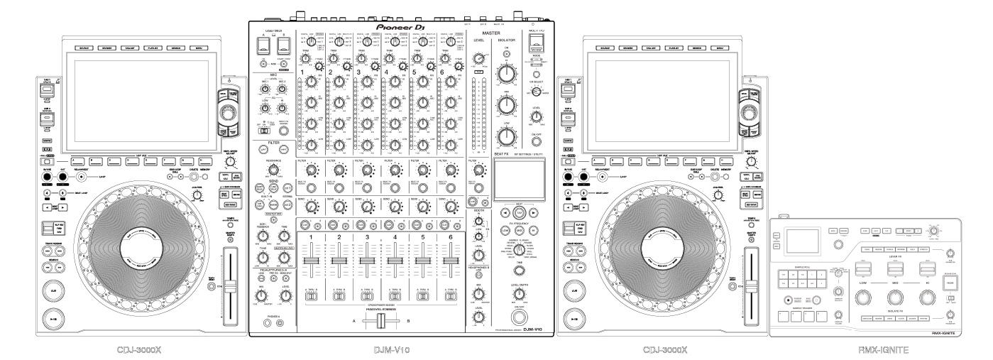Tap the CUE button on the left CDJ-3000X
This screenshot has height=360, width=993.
click(x=53, y=290)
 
